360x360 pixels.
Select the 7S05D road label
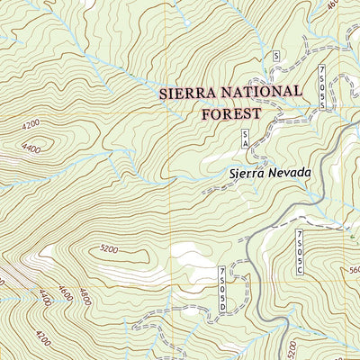coord(223,287)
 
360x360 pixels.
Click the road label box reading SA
coord(244,139)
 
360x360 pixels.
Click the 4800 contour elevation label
coord(85,295)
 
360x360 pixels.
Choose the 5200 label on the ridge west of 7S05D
coord(109,248)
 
